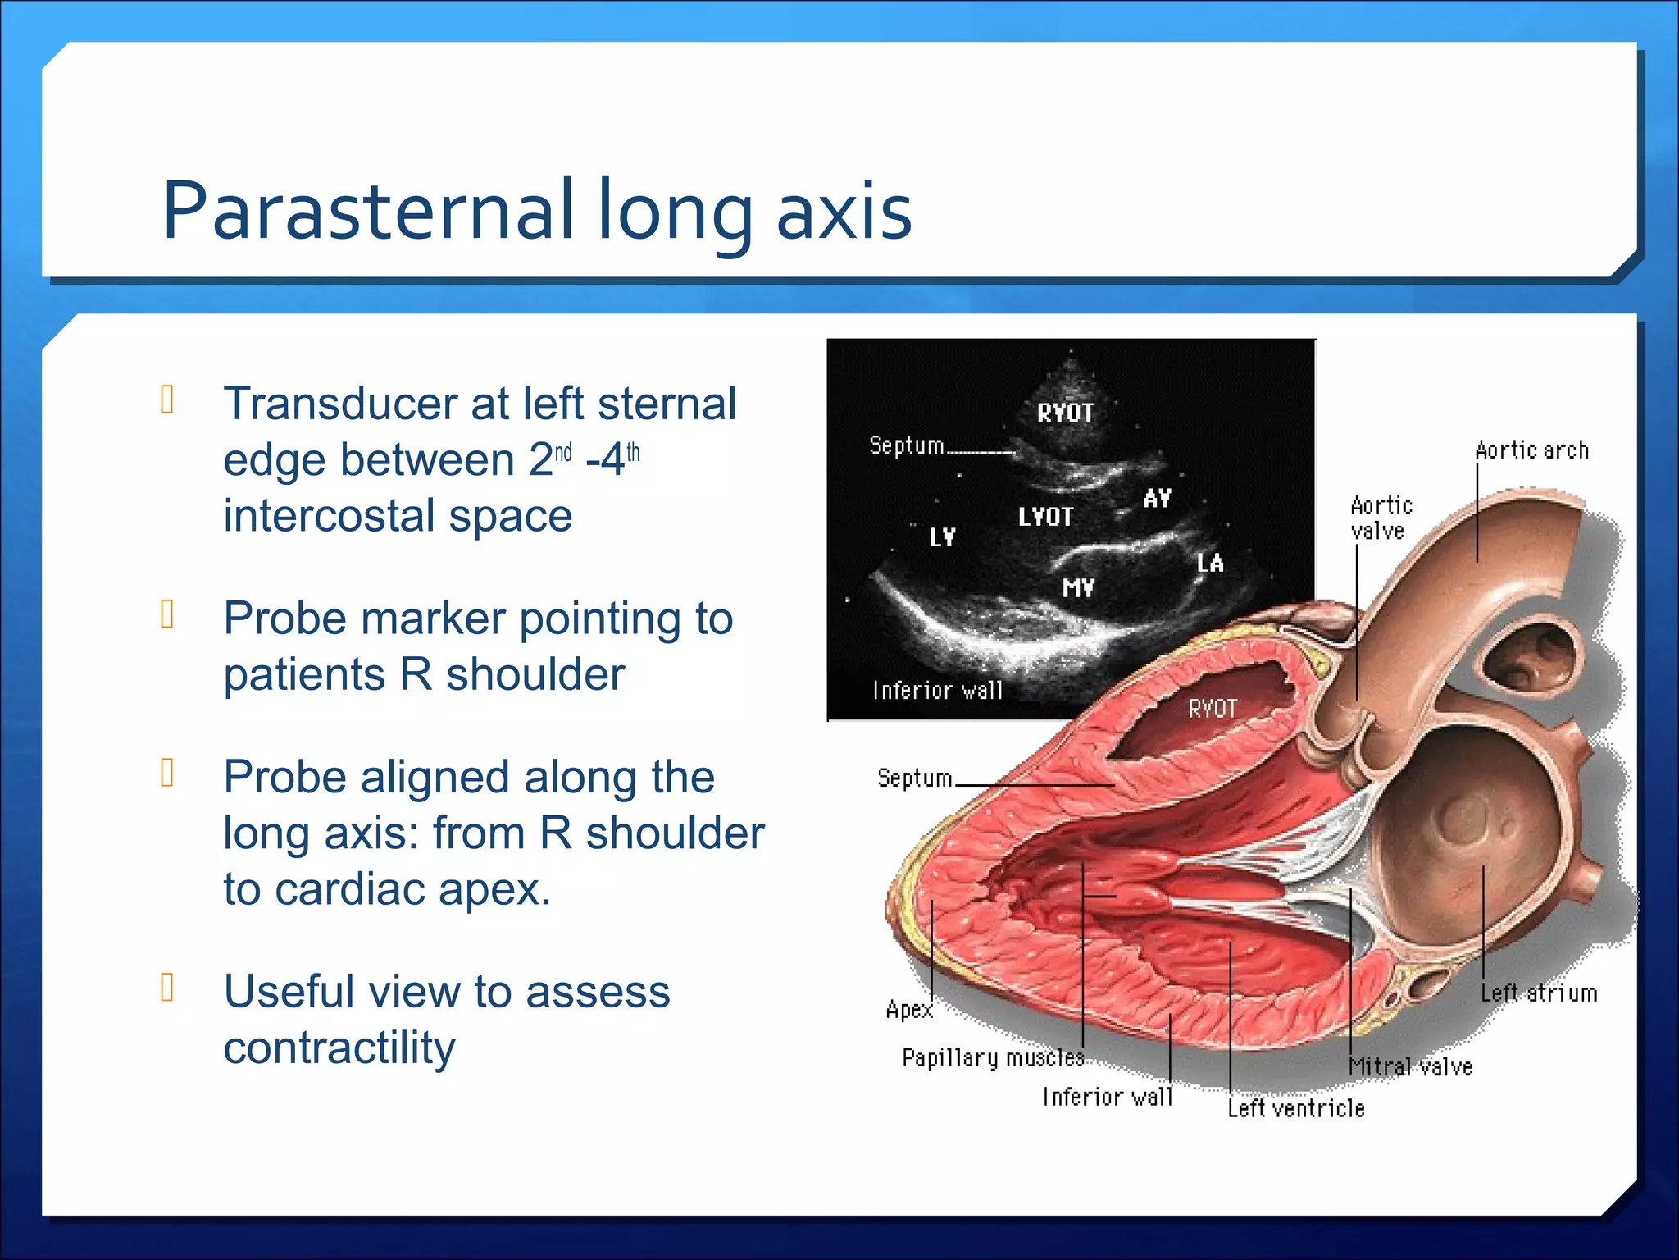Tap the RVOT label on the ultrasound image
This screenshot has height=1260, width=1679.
pyautogui.click(x=1065, y=413)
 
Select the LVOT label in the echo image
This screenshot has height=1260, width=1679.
pyautogui.click(x=1045, y=517)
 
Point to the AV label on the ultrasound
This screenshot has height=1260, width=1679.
pyautogui.click(x=1157, y=498)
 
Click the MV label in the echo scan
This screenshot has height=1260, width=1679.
pyautogui.click(x=1078, y=587)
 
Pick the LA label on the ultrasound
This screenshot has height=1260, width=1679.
pyautogui.click(x=1209, y=563)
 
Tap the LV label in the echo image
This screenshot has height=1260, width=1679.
pyautogui.click(x=942, y=537)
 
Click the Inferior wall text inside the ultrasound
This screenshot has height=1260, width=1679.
pyautogui.click(x=937, y=691)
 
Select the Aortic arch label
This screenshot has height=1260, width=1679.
pyautogui.click(x=1531, y=450)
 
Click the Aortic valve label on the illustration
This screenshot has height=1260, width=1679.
pyautogui.click(x=1381, y=518)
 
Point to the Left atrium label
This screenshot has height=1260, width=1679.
pyautogui.click(x=1539, y=993)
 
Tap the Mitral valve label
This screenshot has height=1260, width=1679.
pyautogui.click(x=1411, y=1066)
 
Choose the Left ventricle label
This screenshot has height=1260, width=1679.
pyautogui.click(x=1295, y=1109)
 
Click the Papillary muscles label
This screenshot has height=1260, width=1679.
pyautogui.click(x=992, y=1057)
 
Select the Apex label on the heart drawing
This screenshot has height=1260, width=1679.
pyautogui.click(x=909, y=1009)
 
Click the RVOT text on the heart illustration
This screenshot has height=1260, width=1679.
pyautogui.click(x=1213, y=709)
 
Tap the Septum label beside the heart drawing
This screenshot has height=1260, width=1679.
pyautogui.click(x=914, y=778)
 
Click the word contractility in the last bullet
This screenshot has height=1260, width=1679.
pyautogui.click(x=339, y=1048)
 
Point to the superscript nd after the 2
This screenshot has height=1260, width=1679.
pyautogui.click(x=563, y=452)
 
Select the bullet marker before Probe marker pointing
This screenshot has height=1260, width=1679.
pyautogui.click(x=167, y=614)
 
